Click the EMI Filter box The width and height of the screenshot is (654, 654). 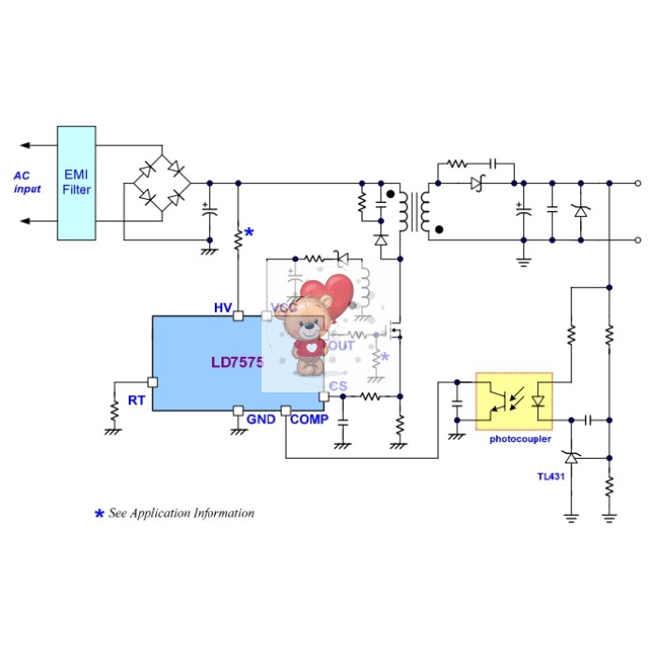pyautogui.click(x=77, y=182)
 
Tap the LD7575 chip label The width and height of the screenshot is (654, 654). pyautogui.click(x=237, y=362)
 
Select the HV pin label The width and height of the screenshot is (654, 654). pyautogui.click(x=222, y=308)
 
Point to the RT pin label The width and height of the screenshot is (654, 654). pyautogui.click(x=136, y=400)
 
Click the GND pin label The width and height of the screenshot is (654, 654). pyautogui.click(x=261, y=419)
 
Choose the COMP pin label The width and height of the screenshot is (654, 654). pyautogui.click(x=309, y=419)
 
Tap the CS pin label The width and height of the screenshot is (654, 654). pyautogui.click(x=337, y=385)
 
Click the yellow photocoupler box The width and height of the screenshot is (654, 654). pyautogui.click(x=514, y=402)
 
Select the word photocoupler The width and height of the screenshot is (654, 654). pyautogui.click(x=520, y=438)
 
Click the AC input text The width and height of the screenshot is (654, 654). pyautogui.click(x=28, y=182)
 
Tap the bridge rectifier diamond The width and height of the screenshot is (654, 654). pyautogui.click(x=161, y=183)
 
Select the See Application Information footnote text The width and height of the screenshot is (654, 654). pyautogui.click(x=181, y=513)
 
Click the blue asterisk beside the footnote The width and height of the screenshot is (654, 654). pyautogui.click(x=99, y=514)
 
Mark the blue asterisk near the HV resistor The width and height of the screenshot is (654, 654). pyautogui.click(x=249, y=232)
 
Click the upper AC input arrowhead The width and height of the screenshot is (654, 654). pyautogui.click(x=24, y=146)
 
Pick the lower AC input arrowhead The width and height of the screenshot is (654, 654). pyautogui.click(x=24, y=221)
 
